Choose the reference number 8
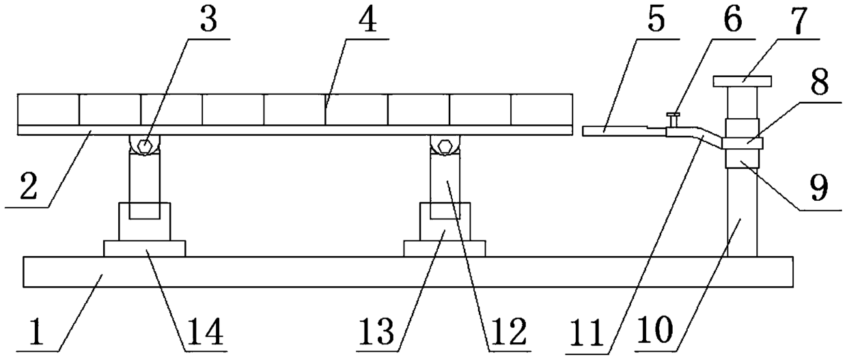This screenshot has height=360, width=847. tap(820, 84)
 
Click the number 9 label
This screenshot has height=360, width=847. tap(819, 186)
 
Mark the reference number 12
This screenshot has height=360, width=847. tap(506, 331)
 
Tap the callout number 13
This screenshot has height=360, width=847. tap(378, 331)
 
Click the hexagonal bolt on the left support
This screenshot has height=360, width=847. tap(144, 146)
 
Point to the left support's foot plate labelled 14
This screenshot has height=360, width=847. tap(144, 248)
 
